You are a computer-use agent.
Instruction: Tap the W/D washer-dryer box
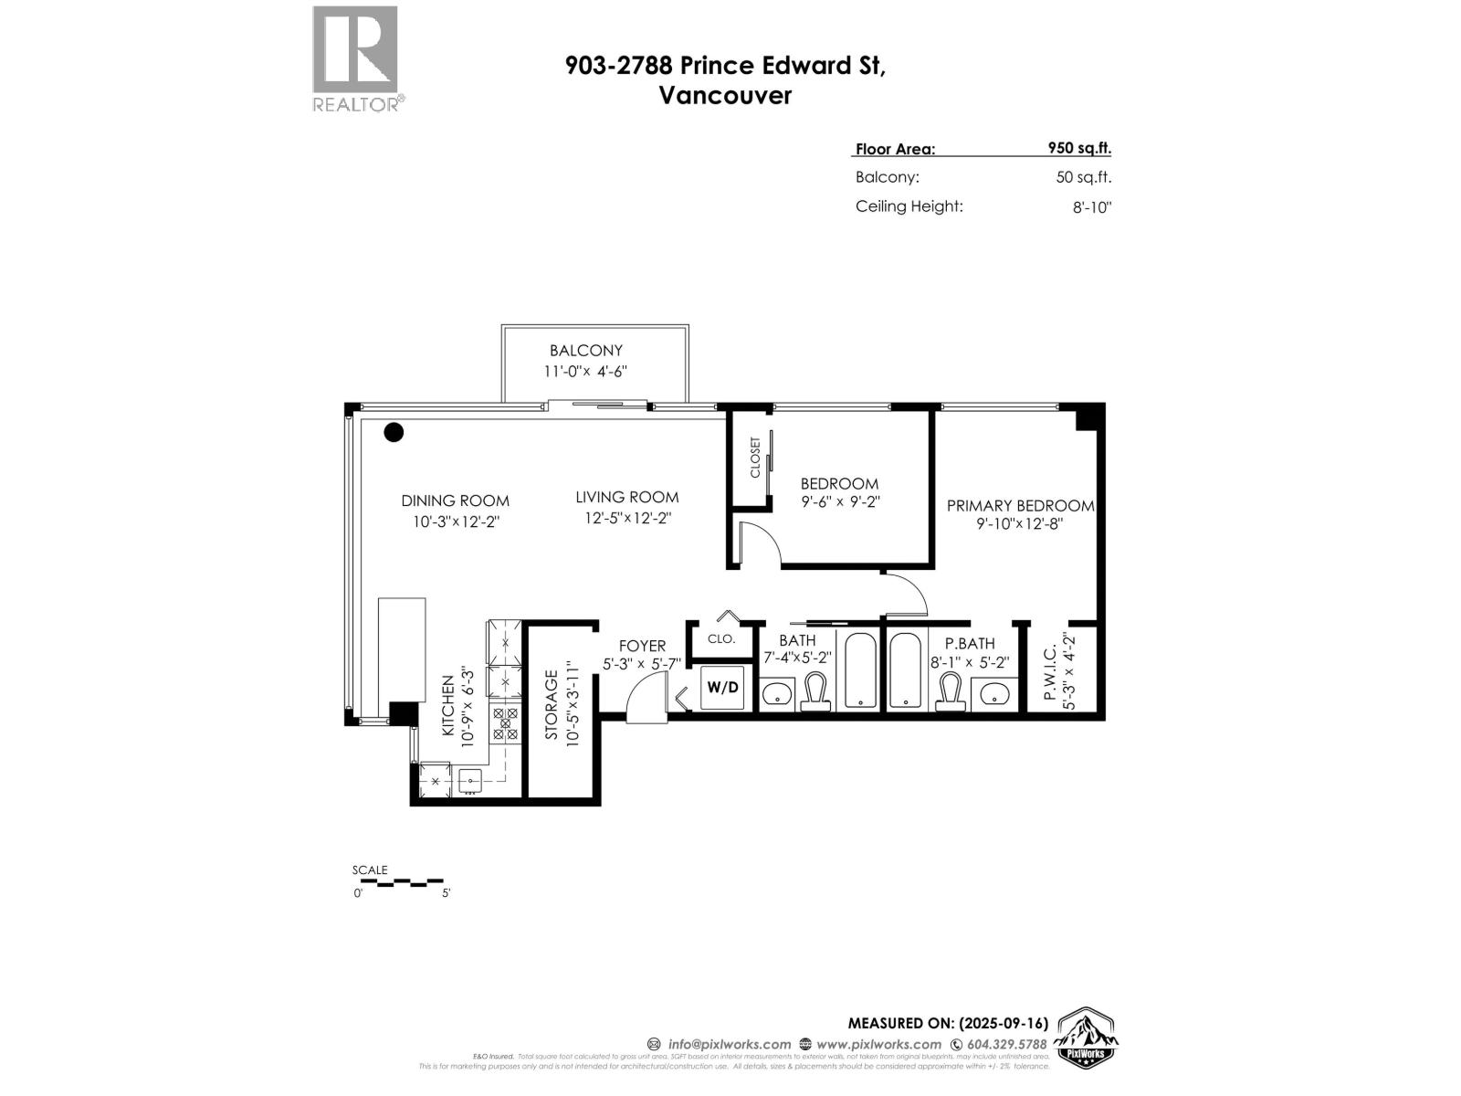[722, 688]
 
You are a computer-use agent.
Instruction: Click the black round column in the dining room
[394, 432]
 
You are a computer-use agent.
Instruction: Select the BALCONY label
[585, 350]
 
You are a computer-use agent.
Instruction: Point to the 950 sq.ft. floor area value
[1079, 148]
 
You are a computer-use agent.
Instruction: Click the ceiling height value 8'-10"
[1092, 207]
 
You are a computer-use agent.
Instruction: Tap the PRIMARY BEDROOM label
[1020, 505]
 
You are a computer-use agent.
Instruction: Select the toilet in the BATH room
[815, 691]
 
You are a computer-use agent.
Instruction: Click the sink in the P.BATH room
[993, 695]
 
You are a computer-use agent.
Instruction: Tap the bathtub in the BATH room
[860, 670]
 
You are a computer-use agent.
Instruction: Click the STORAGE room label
[552, 705]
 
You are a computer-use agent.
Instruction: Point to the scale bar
[401, 883]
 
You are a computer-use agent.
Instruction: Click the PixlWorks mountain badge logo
[1087, 1038]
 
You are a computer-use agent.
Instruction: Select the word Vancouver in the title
[725, 96]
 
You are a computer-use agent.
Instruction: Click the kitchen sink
[470, 780]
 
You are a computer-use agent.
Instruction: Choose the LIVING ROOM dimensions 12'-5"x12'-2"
[627, 518]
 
